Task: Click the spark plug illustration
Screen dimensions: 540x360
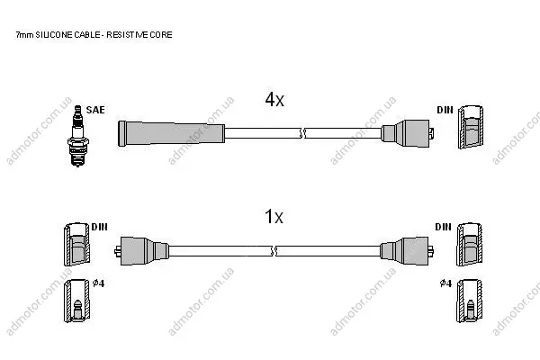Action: click(78, 137)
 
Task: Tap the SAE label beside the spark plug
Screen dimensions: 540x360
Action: click(95, 110)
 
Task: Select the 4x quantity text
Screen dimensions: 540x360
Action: click(274, 100)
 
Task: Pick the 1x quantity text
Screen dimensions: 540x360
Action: click(274, 217)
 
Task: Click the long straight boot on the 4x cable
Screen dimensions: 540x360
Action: click(171, 133)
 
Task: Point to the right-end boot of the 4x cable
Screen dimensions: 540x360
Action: click(408, 133)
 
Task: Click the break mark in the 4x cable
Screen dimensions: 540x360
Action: click(302, 133)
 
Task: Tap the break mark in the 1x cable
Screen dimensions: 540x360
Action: click(274, 251)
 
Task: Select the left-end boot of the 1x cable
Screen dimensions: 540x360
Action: click(141, 251)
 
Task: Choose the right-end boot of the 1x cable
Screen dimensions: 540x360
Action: click(407, 251)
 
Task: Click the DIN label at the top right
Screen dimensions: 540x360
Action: click(445, 110)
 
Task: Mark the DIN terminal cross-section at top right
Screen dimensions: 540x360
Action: click(471, 127)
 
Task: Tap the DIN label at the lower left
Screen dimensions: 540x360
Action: click(99, 227)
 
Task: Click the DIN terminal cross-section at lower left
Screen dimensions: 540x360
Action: click(76, 244)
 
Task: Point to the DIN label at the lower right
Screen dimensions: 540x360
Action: click(443, 227)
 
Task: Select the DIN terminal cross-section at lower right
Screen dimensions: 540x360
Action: click(470, 244)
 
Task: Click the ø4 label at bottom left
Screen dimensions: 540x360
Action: click(98, 283)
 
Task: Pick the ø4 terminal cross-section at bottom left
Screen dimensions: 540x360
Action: click(76, 301)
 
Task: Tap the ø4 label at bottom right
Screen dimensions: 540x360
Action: click(445, 283)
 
